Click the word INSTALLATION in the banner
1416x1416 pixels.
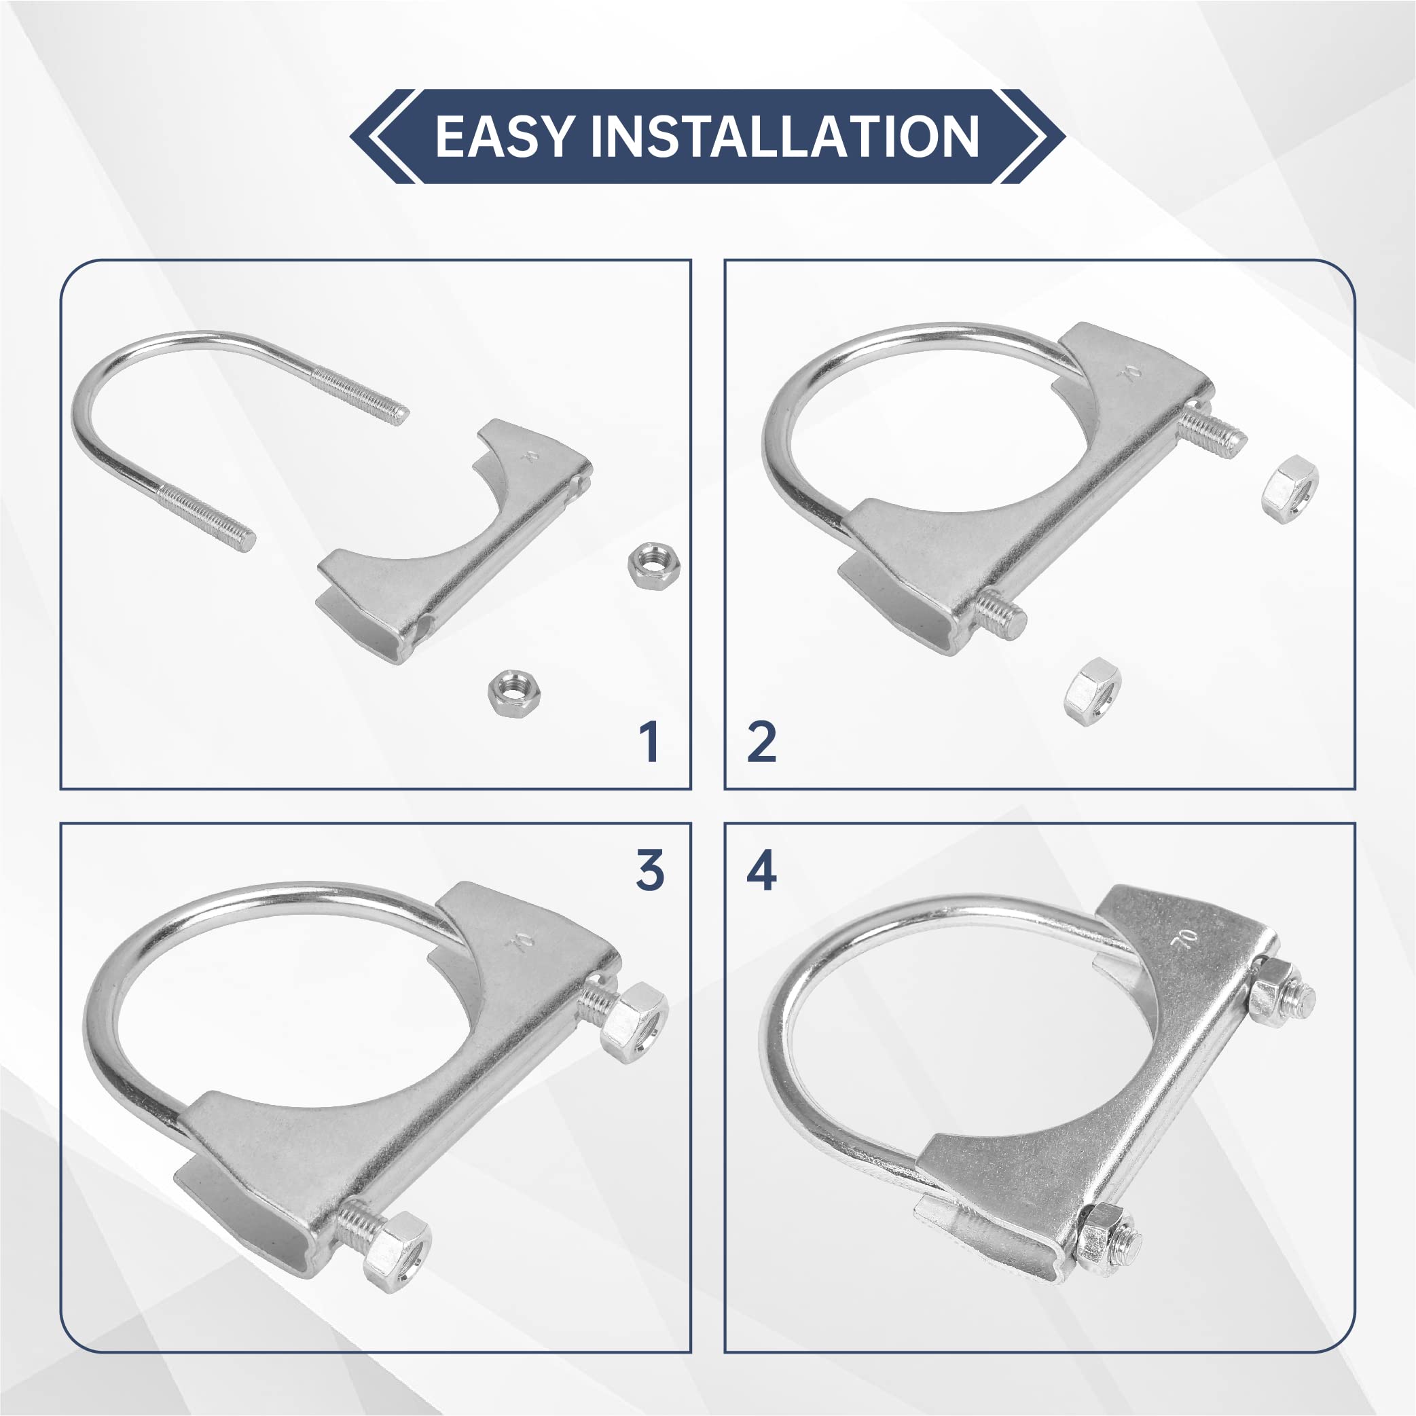tap(785, 137)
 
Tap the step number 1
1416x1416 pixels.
tap(649, 742)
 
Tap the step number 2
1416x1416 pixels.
tap(761, 742)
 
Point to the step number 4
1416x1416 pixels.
tap(761, 871)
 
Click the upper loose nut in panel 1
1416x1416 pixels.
tap(655, 563)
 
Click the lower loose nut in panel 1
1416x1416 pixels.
tap(515, 692)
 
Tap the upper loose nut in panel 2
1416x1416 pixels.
tap(1290, 489)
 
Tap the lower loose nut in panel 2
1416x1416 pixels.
tap(1092, 691)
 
